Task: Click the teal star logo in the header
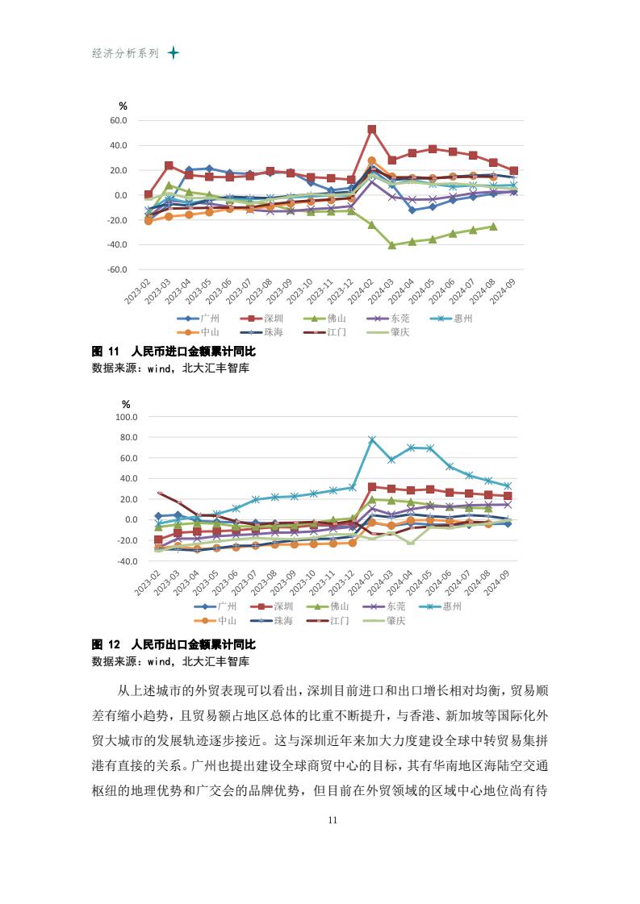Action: point(173,53)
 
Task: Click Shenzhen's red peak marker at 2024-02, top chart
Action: point(372,129)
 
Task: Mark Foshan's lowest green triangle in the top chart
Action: point(392,244)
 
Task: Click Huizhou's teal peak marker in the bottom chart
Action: point(372,440)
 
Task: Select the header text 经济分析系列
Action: point(126,53)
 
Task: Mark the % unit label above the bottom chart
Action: point(126,404)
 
